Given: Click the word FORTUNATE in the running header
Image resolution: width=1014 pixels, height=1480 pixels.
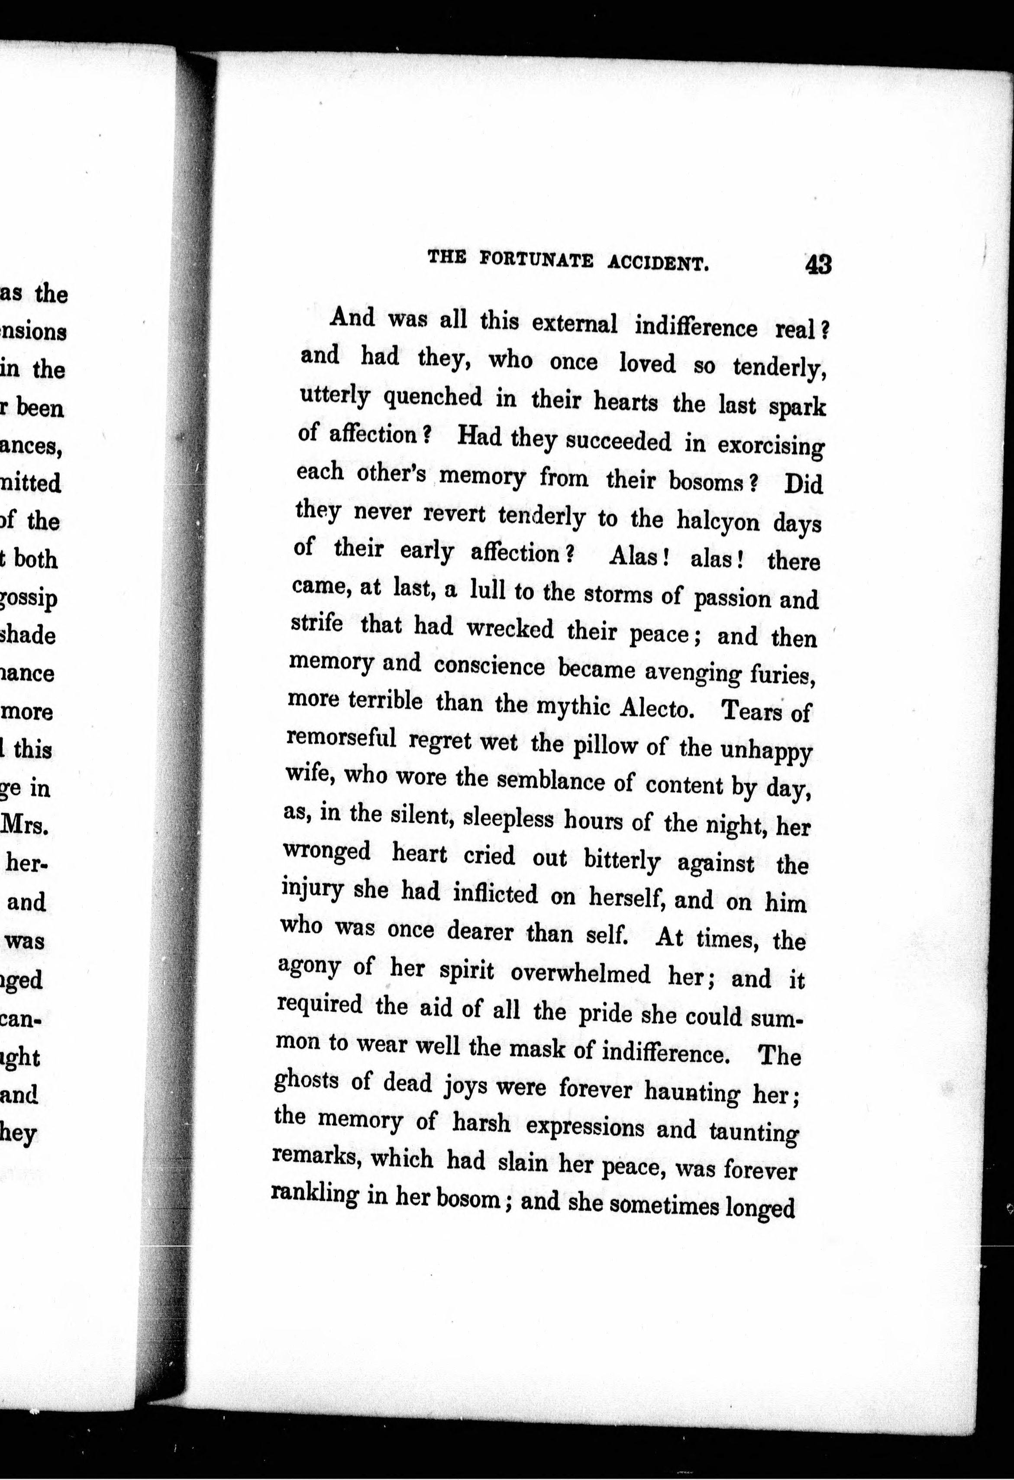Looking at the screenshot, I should pyautogui.click(x=536, y=260).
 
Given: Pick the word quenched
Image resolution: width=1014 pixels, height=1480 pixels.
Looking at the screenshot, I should pyautogui.click(x=433, y=399).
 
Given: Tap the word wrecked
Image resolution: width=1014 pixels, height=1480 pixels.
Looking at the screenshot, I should pyautogui.click(x=510, y=629).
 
